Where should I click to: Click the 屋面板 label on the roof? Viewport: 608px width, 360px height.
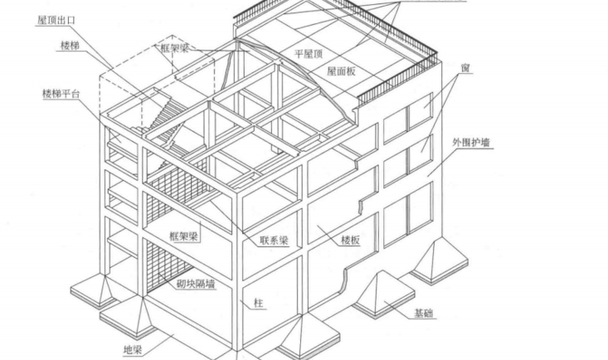(x=341, y=71)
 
